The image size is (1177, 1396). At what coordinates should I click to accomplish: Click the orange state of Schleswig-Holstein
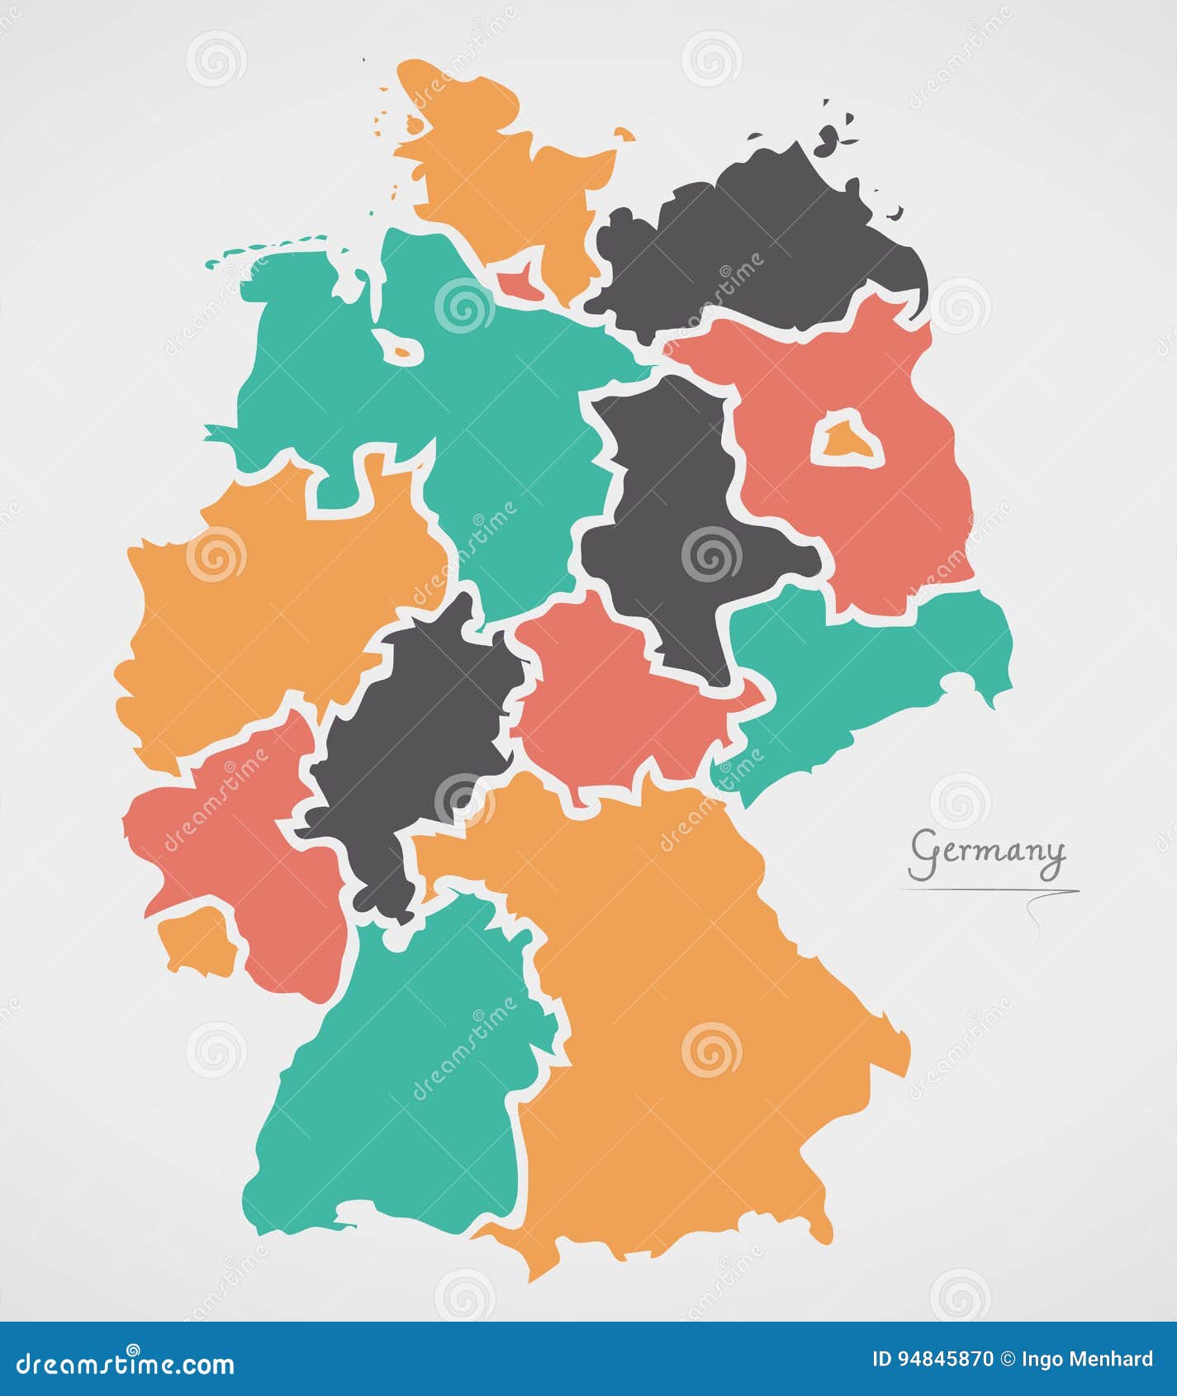click(x=496, y=182)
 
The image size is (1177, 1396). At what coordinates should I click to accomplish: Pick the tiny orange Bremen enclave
click(x=403, y=350)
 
